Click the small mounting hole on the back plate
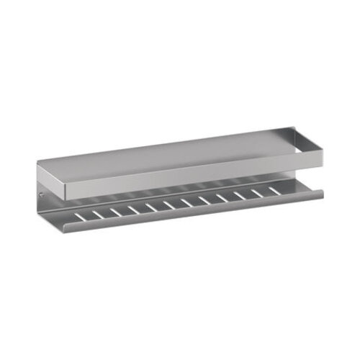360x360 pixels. tap(42, 194)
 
